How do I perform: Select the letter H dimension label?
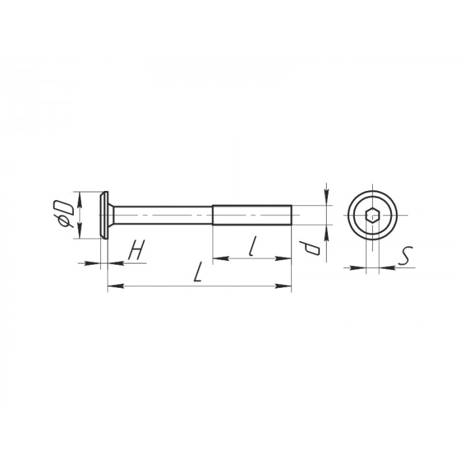point(137,250)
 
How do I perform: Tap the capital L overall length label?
point(198,272)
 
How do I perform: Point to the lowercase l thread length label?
point(252,246)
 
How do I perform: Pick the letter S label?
point(406,256)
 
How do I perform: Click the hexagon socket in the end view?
point(373,215)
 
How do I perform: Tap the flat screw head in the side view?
point(104,215)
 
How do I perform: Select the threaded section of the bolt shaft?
point(252,215)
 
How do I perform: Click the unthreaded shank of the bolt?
point(163,215)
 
